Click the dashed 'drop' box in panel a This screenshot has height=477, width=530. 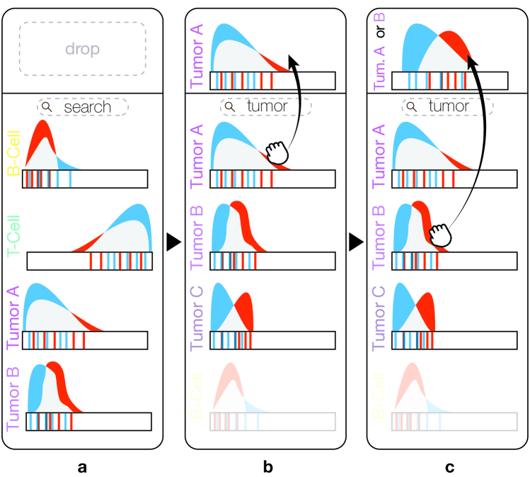tap(81, 48)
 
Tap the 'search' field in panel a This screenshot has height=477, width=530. tap(83, 107)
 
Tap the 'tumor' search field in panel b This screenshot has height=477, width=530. tap(265, 106)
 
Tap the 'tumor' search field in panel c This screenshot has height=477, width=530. tap(446, 106)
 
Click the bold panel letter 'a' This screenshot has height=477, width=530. tap(82, 467)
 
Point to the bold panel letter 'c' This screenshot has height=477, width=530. tap(448, 467)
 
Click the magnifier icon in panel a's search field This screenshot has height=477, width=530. tap(47, 107)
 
